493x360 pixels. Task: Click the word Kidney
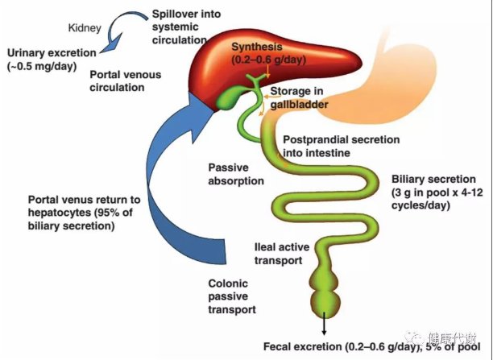(x=84, y=27)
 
